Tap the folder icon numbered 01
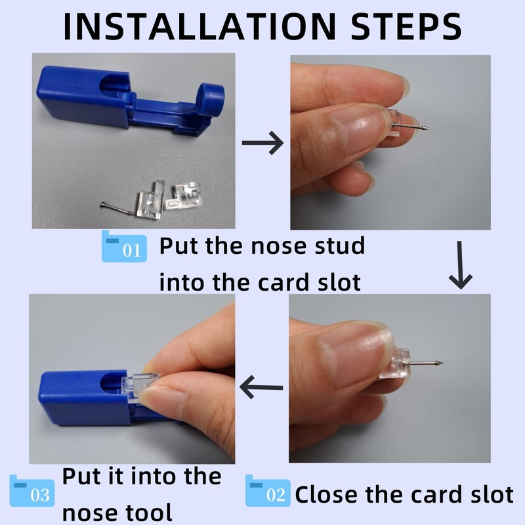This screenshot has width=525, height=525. coord(123,247)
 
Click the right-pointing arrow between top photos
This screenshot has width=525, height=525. coord(262,142)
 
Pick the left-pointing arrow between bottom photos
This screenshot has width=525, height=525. coord(262,387)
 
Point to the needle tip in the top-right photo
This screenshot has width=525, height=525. coord(428,129)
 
